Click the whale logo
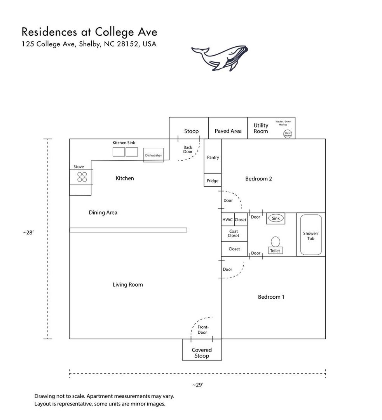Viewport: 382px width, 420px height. [x=220, y=58]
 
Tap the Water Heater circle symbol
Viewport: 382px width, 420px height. [x=288, y=134]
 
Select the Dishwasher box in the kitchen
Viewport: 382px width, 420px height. [x=153, y=155]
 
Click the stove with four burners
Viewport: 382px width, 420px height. [x=82, y=177]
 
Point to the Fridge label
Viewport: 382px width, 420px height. [x=213, y=181]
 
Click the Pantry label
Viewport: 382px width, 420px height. [x=213, y=157]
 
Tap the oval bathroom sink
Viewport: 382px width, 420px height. [x=276, y=218]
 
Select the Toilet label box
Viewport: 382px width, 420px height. [x=275, y=251]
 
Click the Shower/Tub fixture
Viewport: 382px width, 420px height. [x=310, y=236]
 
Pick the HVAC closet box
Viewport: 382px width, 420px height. [x=228, y=220]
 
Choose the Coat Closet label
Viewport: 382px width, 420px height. [x=234, y=233]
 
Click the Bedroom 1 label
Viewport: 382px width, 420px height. [x=271, y=297]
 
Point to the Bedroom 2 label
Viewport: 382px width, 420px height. [x=258, y=179]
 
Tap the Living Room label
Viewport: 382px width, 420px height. [x=128, y=285]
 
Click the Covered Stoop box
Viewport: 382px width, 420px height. [x=202, y=353]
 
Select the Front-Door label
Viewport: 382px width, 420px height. [x=202, y=330]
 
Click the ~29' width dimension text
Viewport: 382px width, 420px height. [x=197, y=385]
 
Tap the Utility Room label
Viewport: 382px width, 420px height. [x=261, y=128]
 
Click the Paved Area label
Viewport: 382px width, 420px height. [x=228, y=131]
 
